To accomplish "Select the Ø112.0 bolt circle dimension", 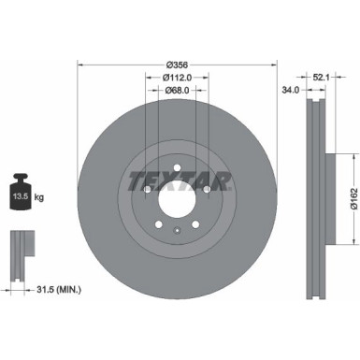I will pyautogui.click(x=177, y=78).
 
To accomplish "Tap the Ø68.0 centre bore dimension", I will pyautogui.click(x=177, y=91).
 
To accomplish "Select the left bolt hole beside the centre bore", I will pyautogui.click(x=148, y=191).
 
